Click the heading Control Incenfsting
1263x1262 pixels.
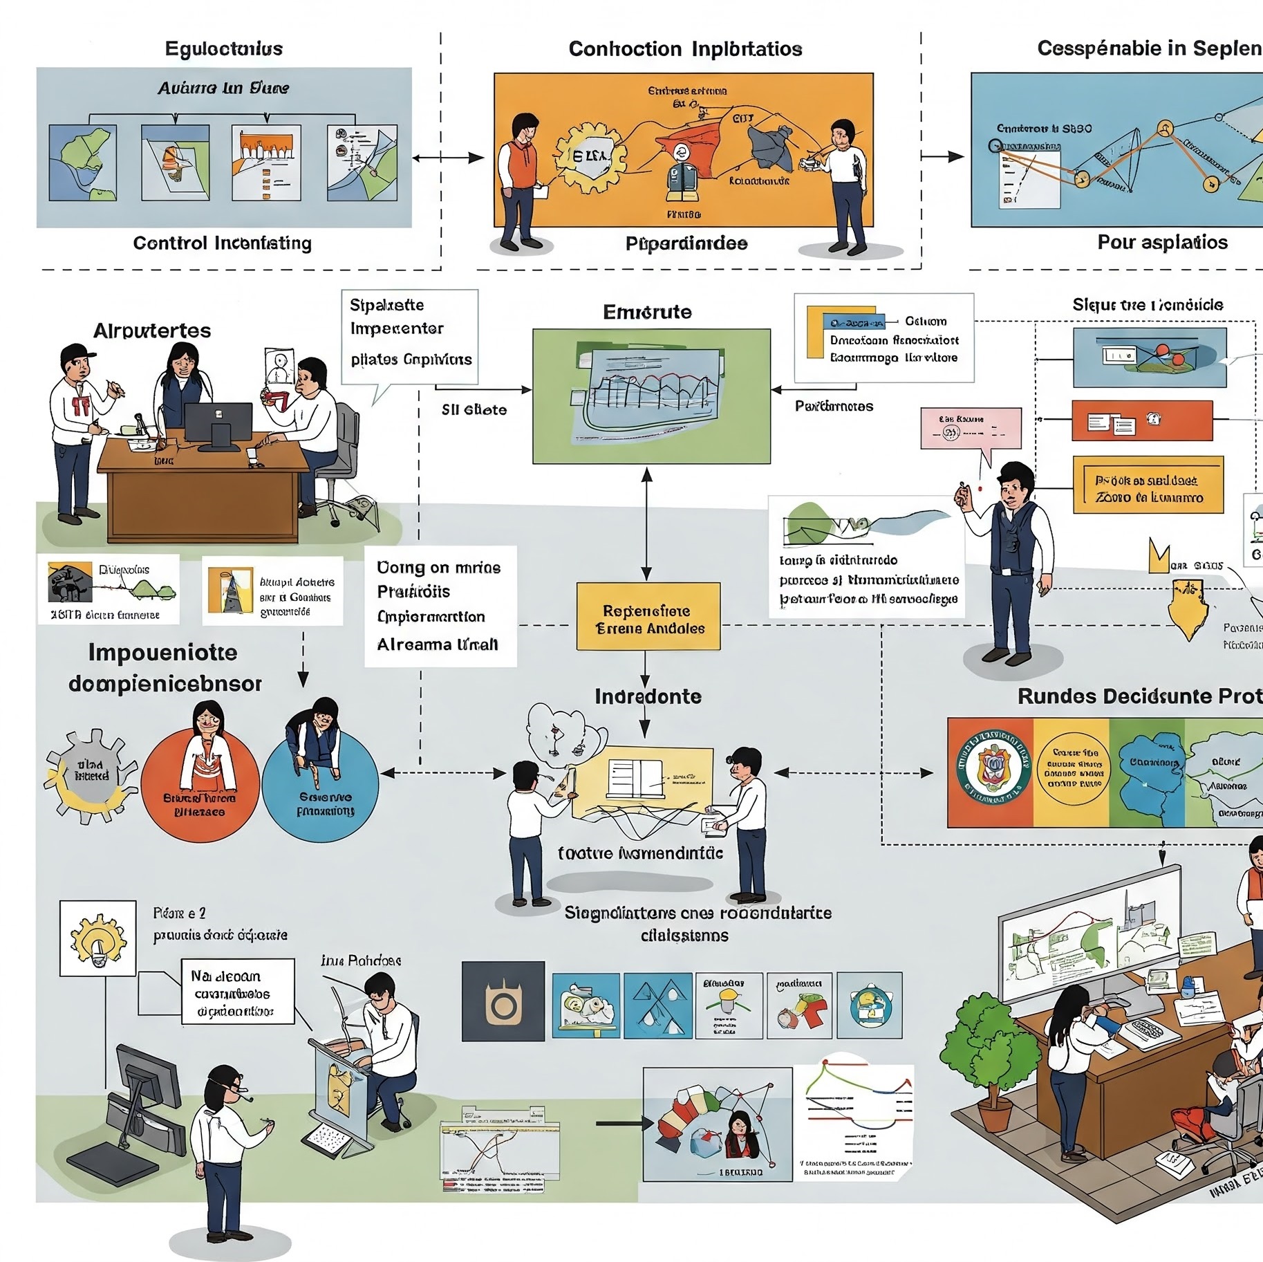pyautogui.click(x=222, y=243)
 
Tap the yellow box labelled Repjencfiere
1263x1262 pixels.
pyautogui.click(x=648, y=616)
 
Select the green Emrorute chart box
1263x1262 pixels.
pyautogui.click(x=651, y=396)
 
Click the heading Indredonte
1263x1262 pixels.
pyautogui.click(x=648, y=696)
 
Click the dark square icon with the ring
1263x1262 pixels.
pyautogui.click(x=503, y=1001)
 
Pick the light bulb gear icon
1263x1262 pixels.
pyautogui.click(x=97, y=938)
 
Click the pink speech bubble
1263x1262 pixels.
pyautogui.click(x=971, y=429)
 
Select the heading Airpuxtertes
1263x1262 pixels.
pyautogui.click(x=152, y=331)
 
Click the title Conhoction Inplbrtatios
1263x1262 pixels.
pyautogui.click(x=685, y=49)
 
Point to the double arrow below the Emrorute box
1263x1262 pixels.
pyautogui.click(x=646, y=523)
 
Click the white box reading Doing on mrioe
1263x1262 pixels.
pyautogui.click(x=440, y=606)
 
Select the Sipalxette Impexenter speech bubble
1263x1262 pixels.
pyautogui.click(x=409, y=337)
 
